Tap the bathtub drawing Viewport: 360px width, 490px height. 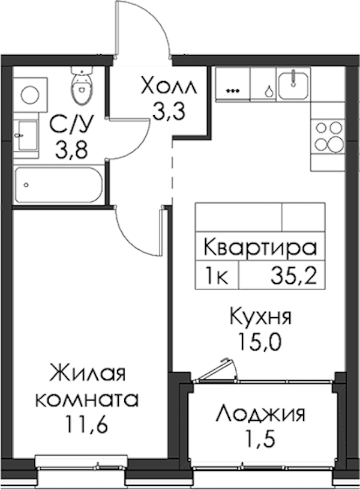[x=59, y=185]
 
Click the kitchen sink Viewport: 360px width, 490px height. [x=293, y=83]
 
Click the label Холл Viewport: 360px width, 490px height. [x=169, y=86]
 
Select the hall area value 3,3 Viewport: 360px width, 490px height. [x=169, y=111]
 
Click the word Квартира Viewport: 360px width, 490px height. [x=260, y=247]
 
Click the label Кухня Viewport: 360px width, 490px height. [x=260, y=317]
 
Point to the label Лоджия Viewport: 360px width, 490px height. [x=261, y=414]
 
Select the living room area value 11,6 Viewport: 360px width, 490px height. [x=87, y=424]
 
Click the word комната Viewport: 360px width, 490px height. [x=87, y=399]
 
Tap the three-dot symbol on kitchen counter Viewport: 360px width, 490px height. [x=233, y=91]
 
